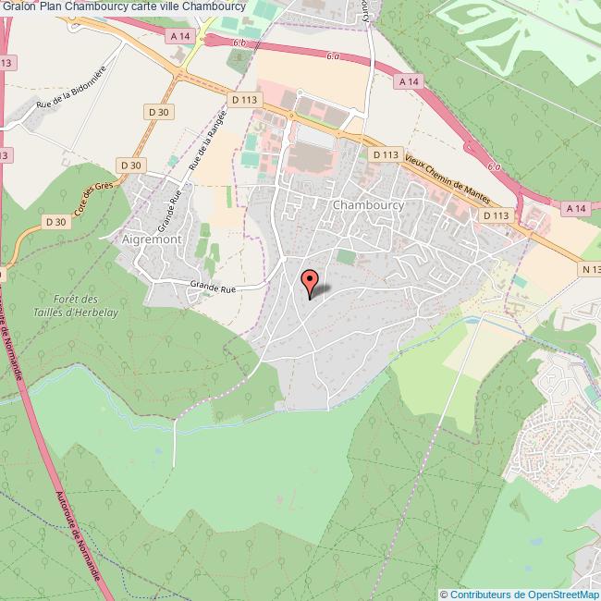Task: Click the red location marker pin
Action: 310,280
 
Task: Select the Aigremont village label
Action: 152,238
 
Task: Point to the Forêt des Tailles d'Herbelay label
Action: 76,305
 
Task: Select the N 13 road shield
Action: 592,268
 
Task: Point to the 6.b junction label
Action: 239,43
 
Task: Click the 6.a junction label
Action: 332,56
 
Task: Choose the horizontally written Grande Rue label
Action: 213,288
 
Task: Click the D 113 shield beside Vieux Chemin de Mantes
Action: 384,155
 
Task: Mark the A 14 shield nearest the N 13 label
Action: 574,209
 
